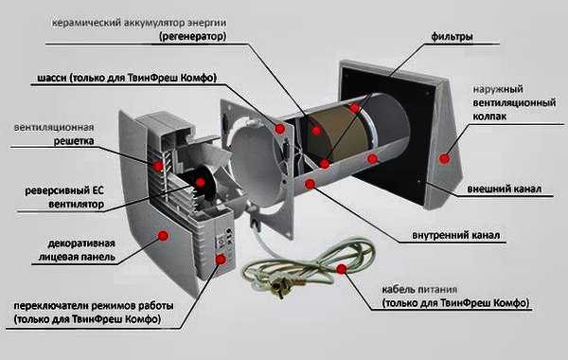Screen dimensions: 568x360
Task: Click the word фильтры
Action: [452, 37]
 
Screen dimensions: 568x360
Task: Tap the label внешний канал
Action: [505, 189]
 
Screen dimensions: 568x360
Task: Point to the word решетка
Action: [74, 140]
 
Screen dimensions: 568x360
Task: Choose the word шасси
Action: [52, 78]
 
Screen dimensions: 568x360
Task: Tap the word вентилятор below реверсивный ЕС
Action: [76, 204]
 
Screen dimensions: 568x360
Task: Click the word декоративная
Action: [81, 243]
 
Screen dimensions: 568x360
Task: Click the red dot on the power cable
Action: [342, 269]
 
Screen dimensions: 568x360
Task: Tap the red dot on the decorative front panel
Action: [163, 236]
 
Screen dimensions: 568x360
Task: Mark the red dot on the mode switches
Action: [221, 259]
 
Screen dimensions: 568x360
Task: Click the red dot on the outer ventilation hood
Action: [445, 158]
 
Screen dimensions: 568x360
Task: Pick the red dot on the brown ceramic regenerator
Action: [316, 131]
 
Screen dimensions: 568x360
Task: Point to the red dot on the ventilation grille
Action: [157, 166]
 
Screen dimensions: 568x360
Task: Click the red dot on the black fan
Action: [200, 182]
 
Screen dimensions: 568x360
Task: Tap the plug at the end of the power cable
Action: [278, 289]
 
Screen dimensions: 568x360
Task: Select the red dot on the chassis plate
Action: [279, 128]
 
